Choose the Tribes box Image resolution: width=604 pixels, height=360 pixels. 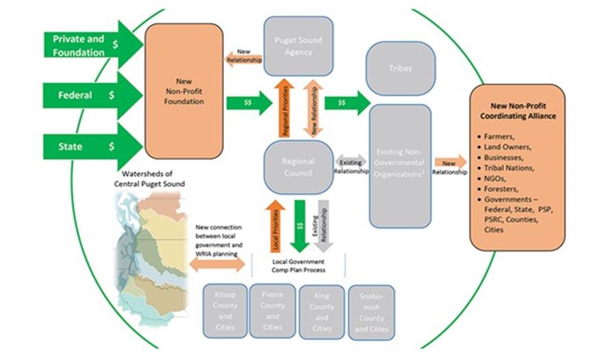[x=401, y=68]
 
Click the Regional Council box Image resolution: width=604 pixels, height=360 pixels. [x=298, y=166]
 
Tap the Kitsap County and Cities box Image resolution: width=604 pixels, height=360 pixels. [x=225, y=311]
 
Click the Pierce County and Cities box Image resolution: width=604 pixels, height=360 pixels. [x=273, y=311]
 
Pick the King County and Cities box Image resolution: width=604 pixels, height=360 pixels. [x=321, y=312]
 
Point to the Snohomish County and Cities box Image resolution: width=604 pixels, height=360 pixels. [x=371, y=312]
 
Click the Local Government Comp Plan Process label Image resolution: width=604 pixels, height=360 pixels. [x=299, y=265]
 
